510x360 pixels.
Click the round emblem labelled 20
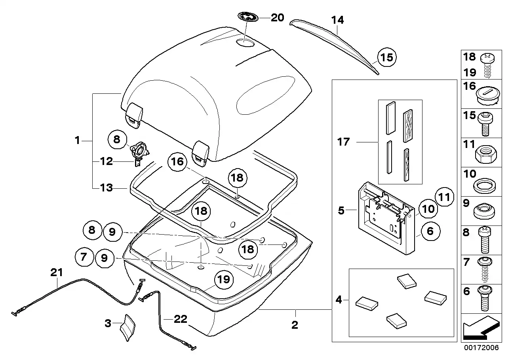248,17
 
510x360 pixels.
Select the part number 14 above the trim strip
337,20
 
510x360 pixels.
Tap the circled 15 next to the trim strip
387,57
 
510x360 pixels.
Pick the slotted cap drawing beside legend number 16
488,96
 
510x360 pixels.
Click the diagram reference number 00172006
481,348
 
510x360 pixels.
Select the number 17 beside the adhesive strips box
343,142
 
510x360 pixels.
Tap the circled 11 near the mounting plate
444,197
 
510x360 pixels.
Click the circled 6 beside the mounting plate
430,231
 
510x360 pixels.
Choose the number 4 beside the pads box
339,300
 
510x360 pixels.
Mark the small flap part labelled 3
127,328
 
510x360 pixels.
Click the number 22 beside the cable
181,319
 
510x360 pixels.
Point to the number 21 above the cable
57,273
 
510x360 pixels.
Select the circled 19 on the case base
224,280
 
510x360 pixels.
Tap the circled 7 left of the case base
84,257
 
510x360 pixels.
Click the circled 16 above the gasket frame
177,162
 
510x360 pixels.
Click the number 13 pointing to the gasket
107,188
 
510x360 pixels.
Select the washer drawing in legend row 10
485,186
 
